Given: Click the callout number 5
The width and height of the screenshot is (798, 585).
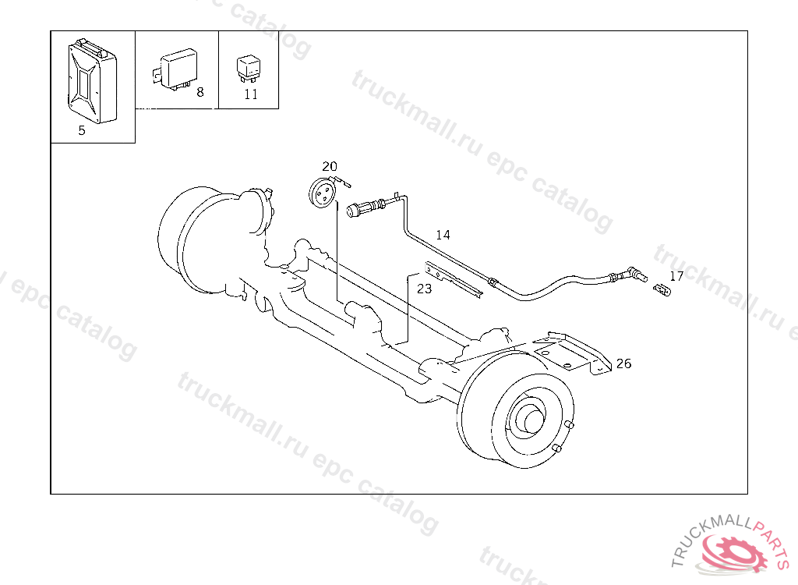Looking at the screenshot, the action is coord(81,130).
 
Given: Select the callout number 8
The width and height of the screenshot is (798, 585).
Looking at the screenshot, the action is coord(200,92).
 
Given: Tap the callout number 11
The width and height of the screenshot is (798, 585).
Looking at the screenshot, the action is coord(251,94).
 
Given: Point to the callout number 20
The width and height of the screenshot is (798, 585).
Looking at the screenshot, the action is coord(330,167).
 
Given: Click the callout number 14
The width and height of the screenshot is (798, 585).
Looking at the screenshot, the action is coord(443,235).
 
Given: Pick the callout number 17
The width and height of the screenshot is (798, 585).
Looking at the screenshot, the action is coord(676,276).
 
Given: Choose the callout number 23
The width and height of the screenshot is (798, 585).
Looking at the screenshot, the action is coord(424,289).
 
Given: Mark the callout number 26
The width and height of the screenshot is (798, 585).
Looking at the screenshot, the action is coord(623,363).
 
